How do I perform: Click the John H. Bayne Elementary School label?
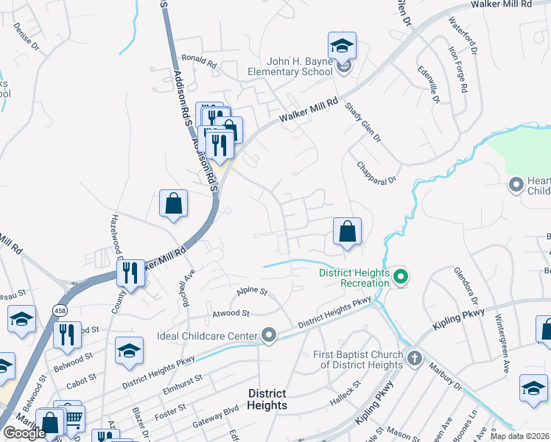coord(289,67)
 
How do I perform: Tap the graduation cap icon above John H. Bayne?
coord(342,46)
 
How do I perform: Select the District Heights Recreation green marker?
coord(401,278)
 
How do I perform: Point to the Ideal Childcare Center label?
coord(207,336)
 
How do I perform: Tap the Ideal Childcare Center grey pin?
coord(269,336)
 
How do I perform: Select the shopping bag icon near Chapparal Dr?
coord(347,231)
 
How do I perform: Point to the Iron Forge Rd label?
coord(457,70)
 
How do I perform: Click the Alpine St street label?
coord(252,292)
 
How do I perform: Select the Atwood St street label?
coord(231,313)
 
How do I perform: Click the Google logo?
coord(24,432)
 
